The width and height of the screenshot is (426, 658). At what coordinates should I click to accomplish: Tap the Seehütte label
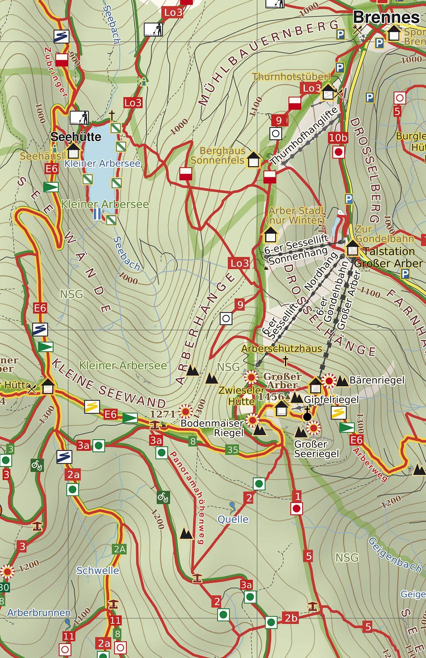point(76,137)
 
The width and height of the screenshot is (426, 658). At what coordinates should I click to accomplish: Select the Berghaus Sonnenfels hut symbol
point(254,160)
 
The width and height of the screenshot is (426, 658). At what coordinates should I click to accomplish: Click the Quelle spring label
point(233,519)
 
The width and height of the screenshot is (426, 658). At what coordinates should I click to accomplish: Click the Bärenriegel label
point(377,380)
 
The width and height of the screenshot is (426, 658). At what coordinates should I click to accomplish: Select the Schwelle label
point(97,571)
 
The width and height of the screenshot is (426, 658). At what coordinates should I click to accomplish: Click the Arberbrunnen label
point(39,613)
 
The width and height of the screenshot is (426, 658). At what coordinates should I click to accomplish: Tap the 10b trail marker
point(338,137)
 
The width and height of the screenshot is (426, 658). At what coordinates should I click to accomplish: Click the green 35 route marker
point(233,449)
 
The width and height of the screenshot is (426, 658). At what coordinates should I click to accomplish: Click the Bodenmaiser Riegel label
point(212,428)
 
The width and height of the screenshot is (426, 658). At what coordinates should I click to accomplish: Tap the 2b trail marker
point(291,618)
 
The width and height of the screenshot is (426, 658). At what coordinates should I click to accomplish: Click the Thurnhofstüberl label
point(291,77)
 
